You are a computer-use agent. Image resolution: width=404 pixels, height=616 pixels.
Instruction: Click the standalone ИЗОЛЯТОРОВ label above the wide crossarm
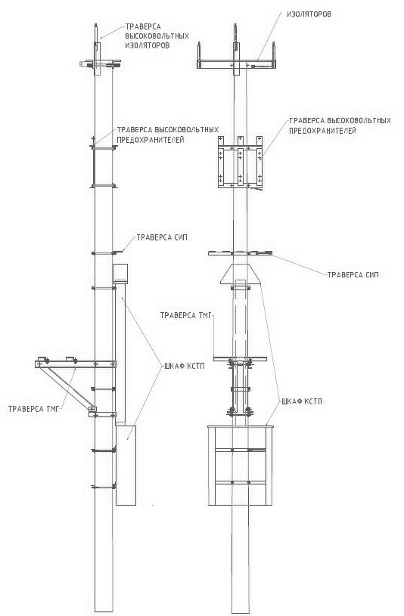pos(309,14)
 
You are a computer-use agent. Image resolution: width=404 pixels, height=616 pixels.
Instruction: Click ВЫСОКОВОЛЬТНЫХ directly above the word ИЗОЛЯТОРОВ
pos(157,36)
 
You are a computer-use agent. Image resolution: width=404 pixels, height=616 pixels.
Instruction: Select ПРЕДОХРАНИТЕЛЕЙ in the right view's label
pos(322,131)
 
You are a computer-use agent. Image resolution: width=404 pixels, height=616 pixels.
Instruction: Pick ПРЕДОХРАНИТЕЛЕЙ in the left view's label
pos(151,140)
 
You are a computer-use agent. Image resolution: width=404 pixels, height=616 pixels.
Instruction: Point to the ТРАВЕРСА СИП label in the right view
pos(353,275)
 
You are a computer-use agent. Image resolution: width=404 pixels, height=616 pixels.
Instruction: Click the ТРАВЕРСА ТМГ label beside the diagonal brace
pos(33,409)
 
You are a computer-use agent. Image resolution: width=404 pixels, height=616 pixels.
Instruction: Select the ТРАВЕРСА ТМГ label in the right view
pos(186,315)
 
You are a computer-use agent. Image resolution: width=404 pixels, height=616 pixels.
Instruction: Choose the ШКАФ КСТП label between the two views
pos(183,366)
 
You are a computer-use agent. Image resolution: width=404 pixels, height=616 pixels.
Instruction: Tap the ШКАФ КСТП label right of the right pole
pos(302,401)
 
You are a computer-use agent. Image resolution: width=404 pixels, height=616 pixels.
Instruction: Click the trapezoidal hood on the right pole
pos(240,274)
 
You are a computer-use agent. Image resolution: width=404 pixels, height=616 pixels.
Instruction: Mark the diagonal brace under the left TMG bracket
pos(67,387)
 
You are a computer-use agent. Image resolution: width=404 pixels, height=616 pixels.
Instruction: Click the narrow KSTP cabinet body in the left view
pos(126,465)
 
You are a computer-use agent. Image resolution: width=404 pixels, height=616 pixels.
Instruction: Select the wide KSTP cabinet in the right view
pos(241,465)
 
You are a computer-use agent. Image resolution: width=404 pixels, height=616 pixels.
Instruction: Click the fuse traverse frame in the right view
pos(240,162)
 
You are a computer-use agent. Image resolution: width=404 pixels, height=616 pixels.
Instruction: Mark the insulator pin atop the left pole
pos(96,33)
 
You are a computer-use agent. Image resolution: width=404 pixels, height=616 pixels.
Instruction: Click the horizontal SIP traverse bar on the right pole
pos(240,253)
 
